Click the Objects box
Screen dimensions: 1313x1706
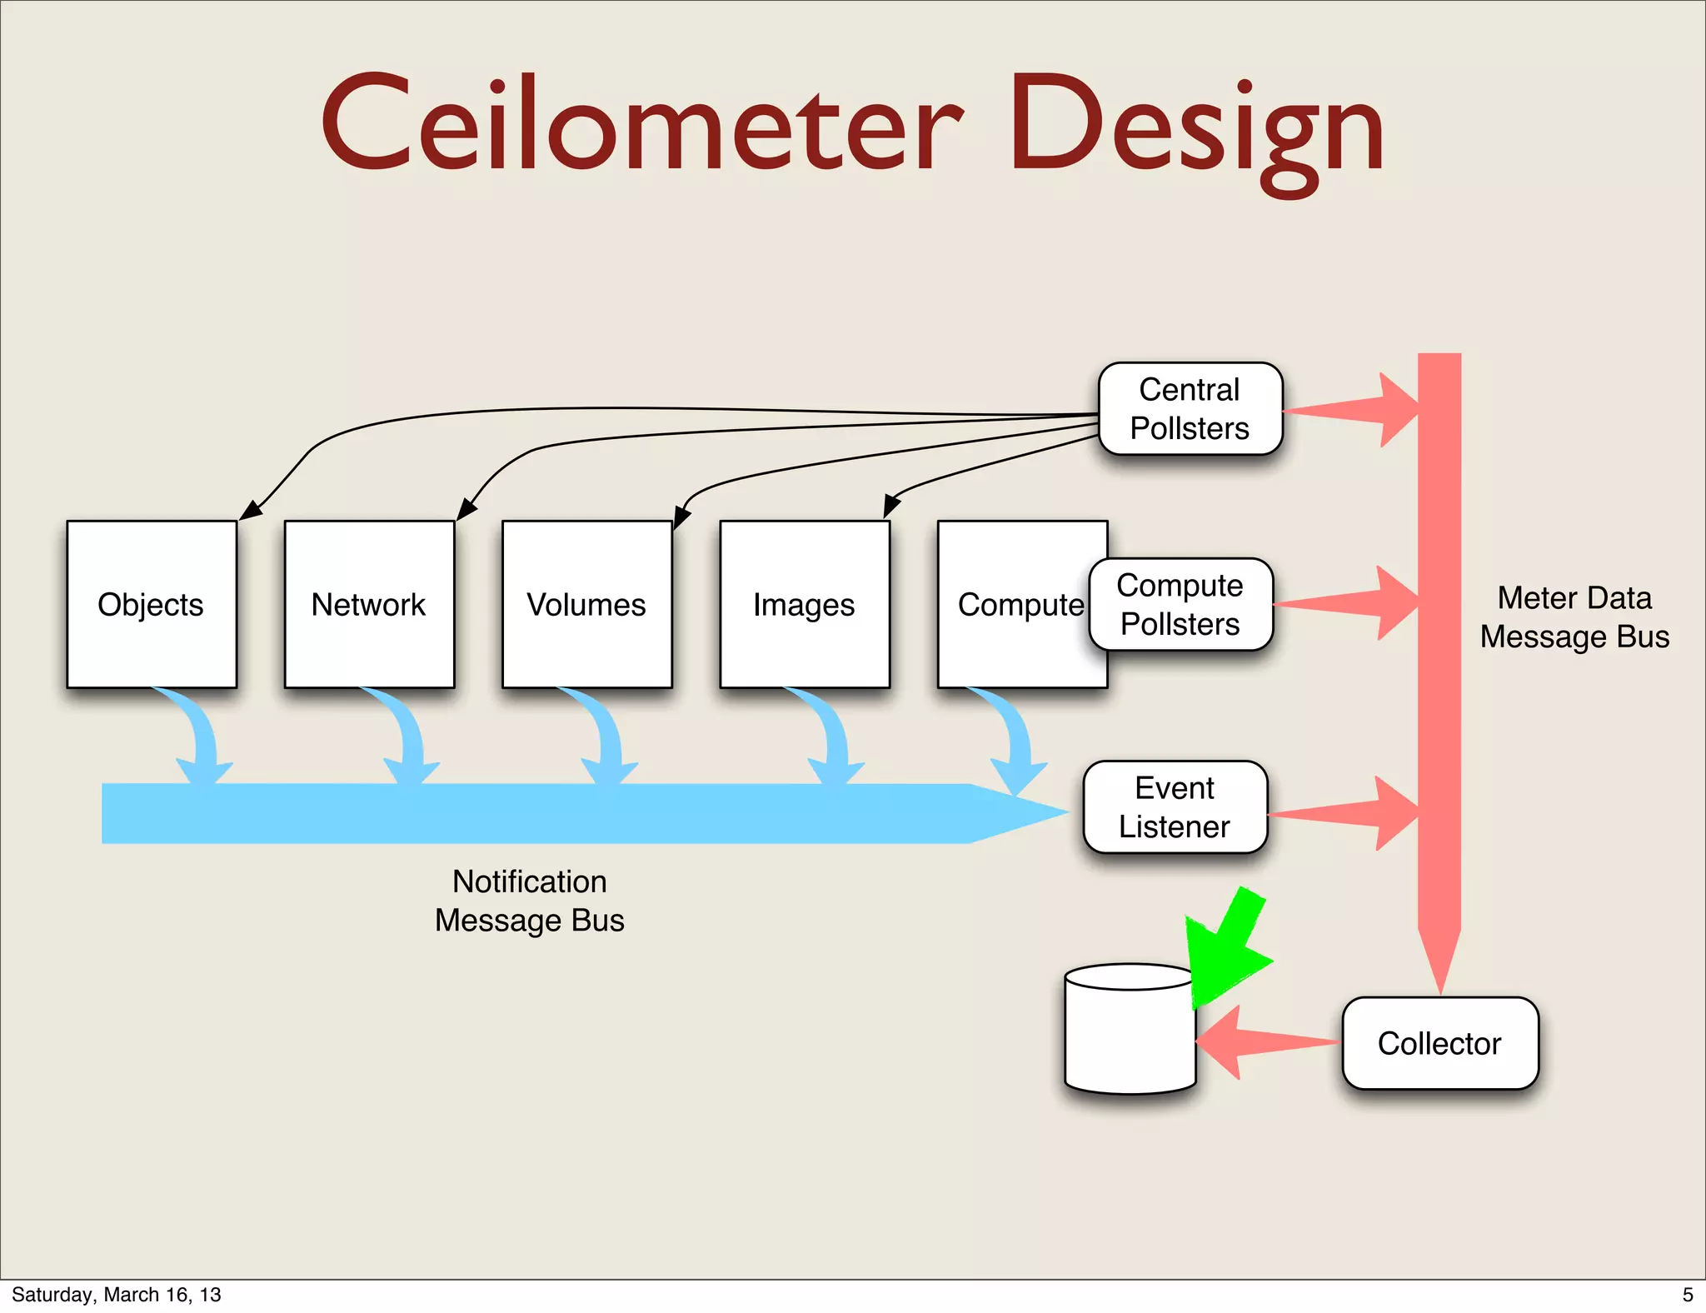(152, 604)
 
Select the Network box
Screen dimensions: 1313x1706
(369, 604)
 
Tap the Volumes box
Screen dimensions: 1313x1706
(586, 604)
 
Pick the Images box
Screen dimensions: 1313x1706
(805, 604)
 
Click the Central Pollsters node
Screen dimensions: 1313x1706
(1190, 408)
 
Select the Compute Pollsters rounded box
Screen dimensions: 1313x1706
(1180, 604)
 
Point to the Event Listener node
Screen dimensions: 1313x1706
(1175, 806)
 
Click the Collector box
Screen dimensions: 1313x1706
(1439, 1042)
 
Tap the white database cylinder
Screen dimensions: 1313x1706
(1130, 1033)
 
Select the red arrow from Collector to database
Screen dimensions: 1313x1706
(1258, 1041)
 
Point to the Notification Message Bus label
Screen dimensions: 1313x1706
(530, 901)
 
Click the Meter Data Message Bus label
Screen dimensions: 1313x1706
(1574, 617)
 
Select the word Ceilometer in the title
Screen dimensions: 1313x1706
(641, 125)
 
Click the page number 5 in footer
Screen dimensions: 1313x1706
(1688, 1295)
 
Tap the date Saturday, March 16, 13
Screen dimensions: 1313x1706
(117, 1295)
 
